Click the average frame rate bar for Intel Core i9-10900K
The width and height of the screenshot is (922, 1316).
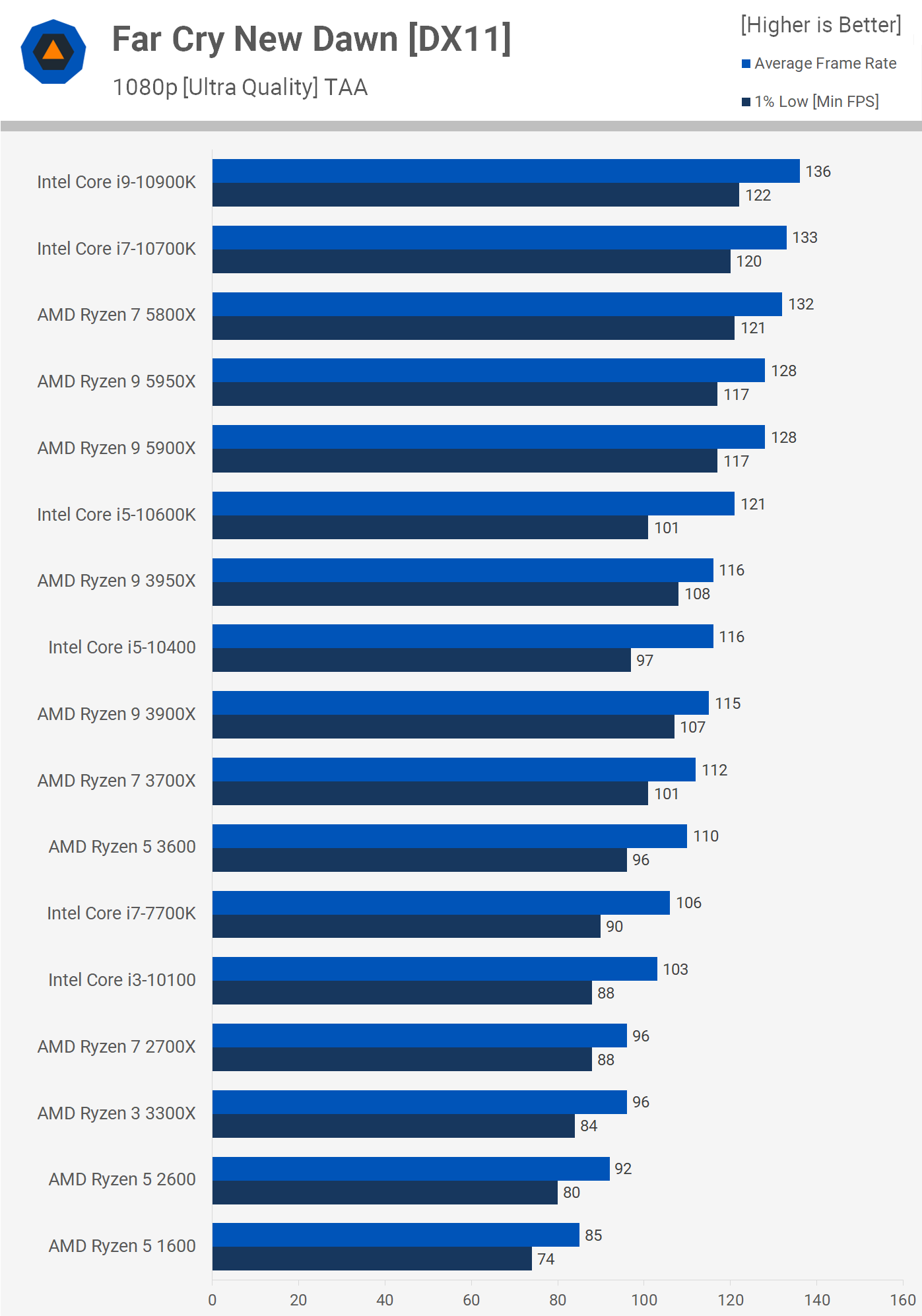pyautogui.click(x=506, y=171)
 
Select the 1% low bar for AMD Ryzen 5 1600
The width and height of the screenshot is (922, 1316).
pyautogui.click(x=372, y=1259)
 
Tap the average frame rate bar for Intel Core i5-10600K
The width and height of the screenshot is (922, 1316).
pyautogui.click(x=473, y=504)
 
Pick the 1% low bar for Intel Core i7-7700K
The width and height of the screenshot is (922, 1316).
pyautogui.click(x=406, y=926)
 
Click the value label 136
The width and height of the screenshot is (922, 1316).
pyautogui.click(x=818, y=172)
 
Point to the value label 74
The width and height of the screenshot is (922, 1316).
pyautogui.click(x=546, y=1259)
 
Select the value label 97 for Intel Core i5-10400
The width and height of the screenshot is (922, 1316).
pyautogui.click(x=645, y=661)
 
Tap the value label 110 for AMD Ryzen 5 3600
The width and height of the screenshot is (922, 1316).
pyautogui.click(x=706, y=836)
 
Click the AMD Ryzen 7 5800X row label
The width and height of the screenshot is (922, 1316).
pyautogui.click(x=117, y=315)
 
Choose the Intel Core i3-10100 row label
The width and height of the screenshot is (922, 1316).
pyautogui.click(x=122, y=980)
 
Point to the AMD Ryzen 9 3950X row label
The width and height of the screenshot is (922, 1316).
pyautogui.click(x=117, y=581)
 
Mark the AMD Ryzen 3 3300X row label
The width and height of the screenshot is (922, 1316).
pyautogui.click(x=117, y=1113)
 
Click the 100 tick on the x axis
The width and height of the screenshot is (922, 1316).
pyautogui.click(x=644, y=1300)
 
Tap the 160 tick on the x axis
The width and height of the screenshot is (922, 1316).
pyautogui.click(x=903, y=1300)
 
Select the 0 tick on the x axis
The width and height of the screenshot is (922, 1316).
pyautogui.click(x=213, y=1300)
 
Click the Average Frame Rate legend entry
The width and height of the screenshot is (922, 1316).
pyautogui.click(x=825, y=63)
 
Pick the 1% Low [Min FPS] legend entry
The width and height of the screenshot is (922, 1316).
pyautogui.click(x=816, y=102)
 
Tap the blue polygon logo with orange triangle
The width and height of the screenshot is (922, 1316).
pyautogui.click(x=53, y=51)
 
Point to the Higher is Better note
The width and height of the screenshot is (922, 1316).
pyautogui.click(x=820, y=25)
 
